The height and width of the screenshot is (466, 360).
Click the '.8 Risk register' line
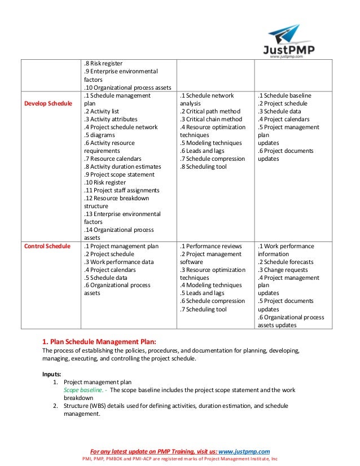point(103,63)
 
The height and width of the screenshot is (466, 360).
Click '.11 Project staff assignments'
point(121,190)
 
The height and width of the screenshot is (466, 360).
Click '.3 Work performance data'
point(118,262)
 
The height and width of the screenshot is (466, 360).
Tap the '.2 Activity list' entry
point(102,111)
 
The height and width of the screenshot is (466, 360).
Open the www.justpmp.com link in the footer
point(244,451)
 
